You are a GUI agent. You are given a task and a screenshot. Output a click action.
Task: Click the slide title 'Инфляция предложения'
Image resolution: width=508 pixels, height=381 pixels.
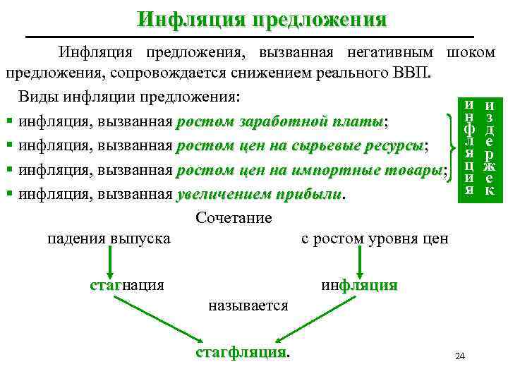262,18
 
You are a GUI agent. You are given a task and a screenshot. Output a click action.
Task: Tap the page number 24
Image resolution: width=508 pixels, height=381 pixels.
460,356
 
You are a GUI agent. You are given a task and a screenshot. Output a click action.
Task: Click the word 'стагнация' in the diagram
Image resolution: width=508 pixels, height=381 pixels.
127,285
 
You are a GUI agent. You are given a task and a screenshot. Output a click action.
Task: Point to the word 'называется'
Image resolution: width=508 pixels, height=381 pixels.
248,306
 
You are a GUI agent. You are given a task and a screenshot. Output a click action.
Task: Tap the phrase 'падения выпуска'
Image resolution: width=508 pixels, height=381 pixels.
109,238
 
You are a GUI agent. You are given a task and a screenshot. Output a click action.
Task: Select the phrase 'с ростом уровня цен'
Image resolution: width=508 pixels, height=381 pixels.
375,238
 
